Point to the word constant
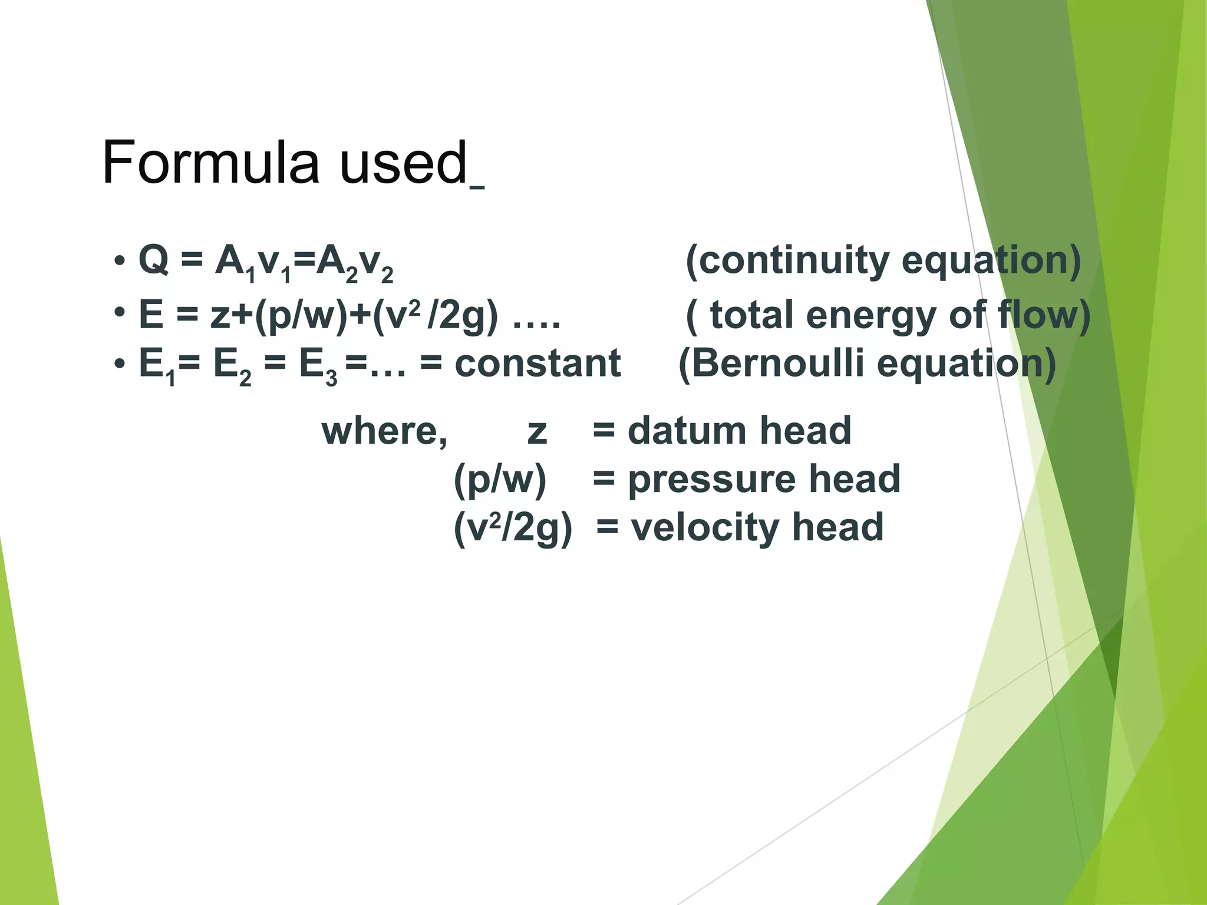[537, 363]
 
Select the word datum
[687, 431]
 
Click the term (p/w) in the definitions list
[500, 479]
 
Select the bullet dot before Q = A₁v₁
[120, 260]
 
